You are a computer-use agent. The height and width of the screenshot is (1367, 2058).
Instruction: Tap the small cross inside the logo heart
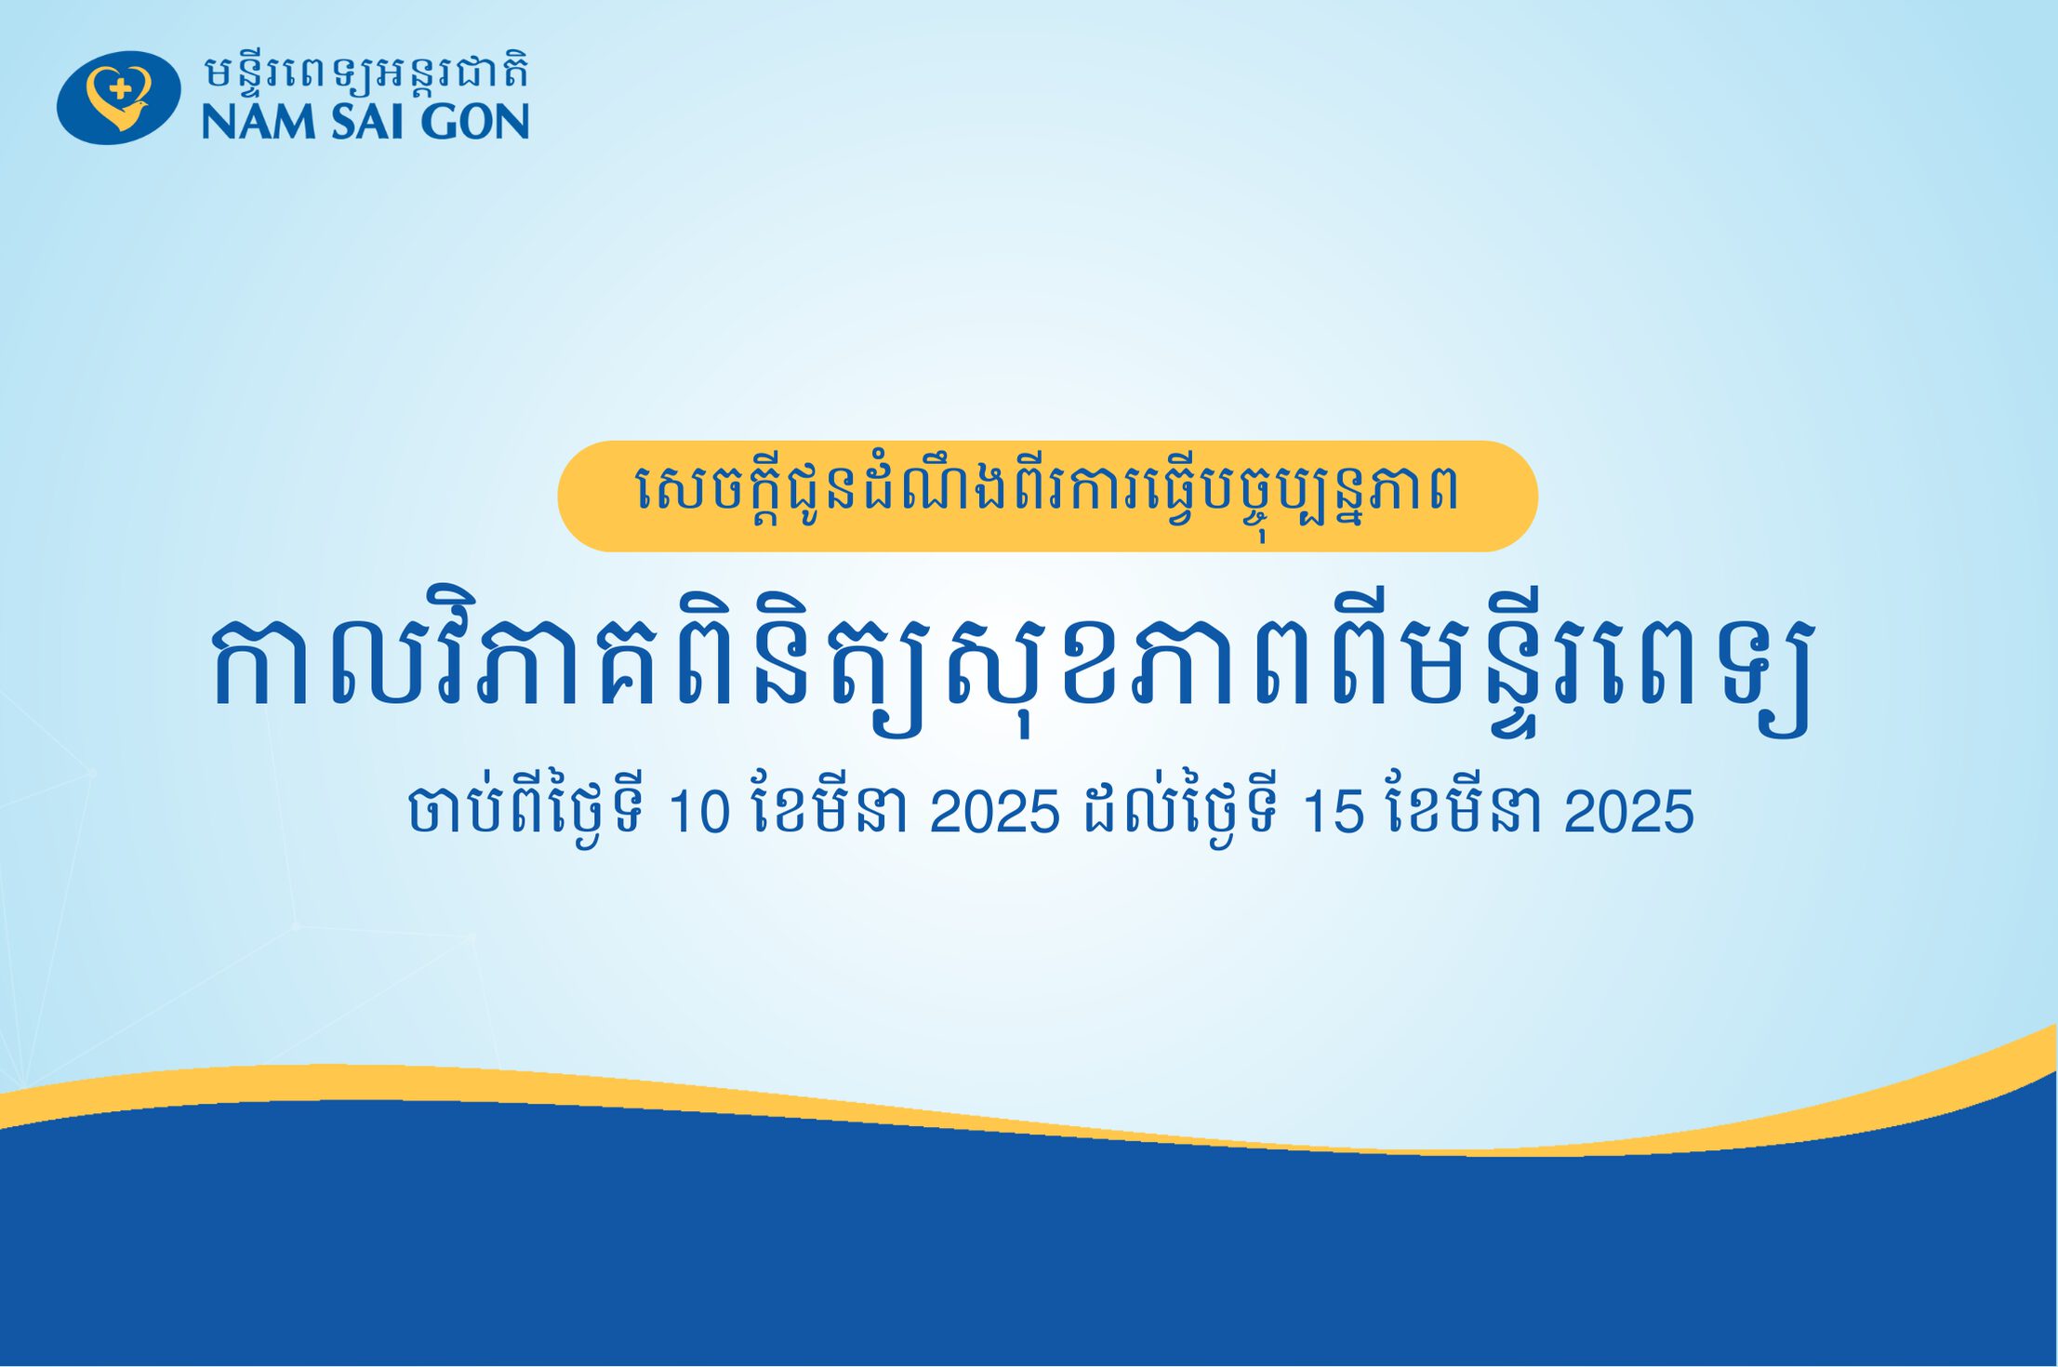pos(120,89)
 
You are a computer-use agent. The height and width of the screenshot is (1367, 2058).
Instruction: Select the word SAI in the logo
pos(367,122)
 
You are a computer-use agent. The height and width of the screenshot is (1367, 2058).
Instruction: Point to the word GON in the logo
pos(474,122)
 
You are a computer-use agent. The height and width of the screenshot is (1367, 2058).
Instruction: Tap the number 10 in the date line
pos(698,811)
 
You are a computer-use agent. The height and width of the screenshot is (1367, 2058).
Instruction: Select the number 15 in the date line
pos(1333,811)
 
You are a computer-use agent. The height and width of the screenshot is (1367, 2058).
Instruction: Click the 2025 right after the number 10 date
pos(994,811)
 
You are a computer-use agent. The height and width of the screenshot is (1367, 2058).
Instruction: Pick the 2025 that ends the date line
pos(1628,811)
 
